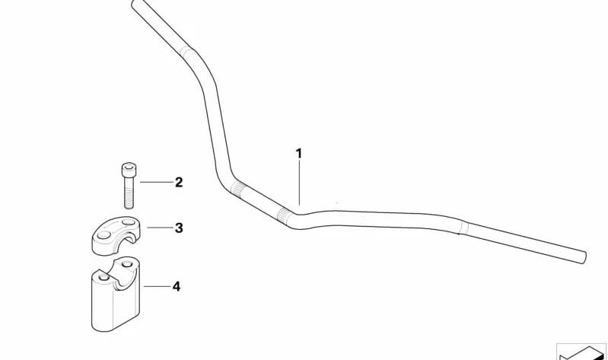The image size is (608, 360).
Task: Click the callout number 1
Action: coord(298,154)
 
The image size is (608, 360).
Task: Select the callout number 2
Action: coord(179,182)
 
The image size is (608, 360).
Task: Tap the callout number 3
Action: coord(179,228)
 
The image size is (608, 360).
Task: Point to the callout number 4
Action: coord(177,287)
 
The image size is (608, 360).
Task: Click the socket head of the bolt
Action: coord(129,170)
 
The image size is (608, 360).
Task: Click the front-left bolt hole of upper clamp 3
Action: coord(103,235)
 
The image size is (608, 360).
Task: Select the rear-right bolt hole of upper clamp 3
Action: coord(128,222)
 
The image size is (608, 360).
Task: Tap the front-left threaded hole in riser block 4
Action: coord(103,278)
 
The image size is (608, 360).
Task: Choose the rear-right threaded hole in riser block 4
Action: coord(127,265)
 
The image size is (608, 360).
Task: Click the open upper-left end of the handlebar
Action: coord(134,4)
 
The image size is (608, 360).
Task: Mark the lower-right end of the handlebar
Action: coord(583,257)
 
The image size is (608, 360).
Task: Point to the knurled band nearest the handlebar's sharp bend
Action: coord(237,189)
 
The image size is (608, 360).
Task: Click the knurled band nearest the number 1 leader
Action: coord(285,215)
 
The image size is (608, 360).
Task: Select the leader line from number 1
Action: coord(299,183)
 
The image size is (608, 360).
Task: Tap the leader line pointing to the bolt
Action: coord(156,182)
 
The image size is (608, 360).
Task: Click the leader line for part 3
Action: coord(159,228)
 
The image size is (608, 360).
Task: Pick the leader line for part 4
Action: coord(157,287)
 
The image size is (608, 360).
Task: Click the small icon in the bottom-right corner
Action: coord(581,352)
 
